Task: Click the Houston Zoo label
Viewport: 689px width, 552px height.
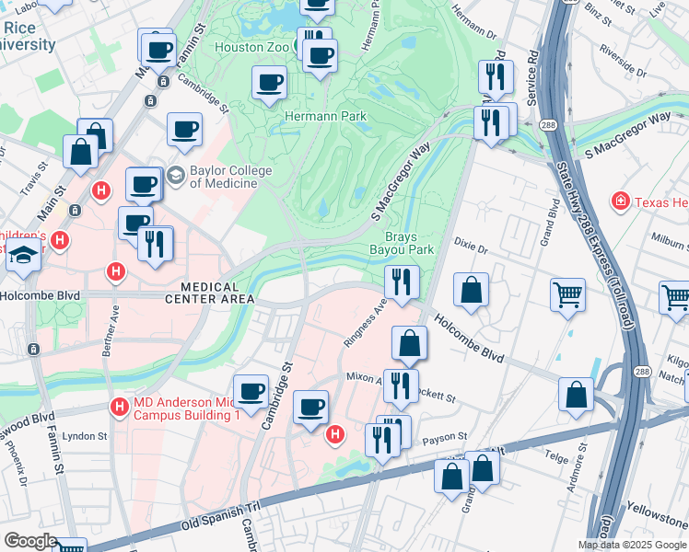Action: point(250,47)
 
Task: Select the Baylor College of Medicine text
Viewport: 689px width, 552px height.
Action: point(230,177)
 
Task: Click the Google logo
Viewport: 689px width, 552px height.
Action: point(29,540)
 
